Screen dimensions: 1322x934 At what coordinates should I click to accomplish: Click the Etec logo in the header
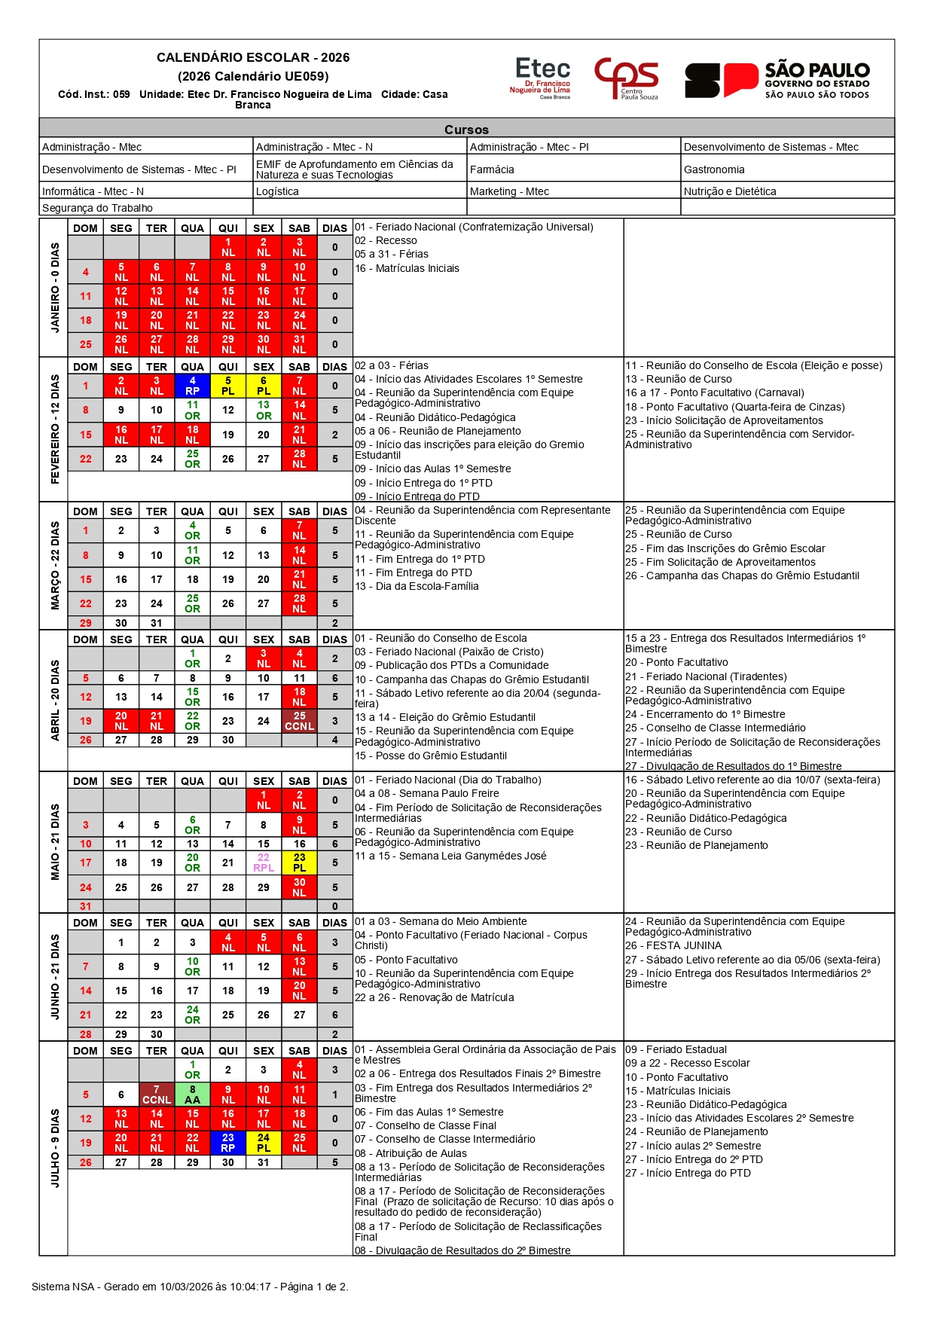click(x=541, y=78)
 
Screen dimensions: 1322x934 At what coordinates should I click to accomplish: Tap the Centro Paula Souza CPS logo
click(x=626, y=78)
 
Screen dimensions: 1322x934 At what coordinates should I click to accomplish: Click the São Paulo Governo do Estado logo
click(x=777, y=80)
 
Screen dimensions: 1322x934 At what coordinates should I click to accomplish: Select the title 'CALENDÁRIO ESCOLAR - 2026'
click(x=253, y=57)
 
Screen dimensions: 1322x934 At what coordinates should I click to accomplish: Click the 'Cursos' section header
click(x=466, y=130)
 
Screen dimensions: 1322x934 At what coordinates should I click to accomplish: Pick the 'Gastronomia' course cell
click(x=714, y=169)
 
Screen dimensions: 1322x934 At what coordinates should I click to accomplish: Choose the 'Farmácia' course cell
click(x=492, y=169)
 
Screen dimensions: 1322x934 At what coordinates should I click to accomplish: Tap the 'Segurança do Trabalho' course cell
click(x=97, y=208)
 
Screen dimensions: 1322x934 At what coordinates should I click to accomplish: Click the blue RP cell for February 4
click(x=193, y=386)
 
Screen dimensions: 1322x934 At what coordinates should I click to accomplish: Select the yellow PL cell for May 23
click(x=299, y=863)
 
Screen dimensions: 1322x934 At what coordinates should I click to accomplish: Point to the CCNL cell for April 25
click(x=299, y=721)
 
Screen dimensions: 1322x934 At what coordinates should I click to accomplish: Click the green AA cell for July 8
click(x=193, y=1095)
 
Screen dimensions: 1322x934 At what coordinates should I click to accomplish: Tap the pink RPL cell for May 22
click(x=264, y=863)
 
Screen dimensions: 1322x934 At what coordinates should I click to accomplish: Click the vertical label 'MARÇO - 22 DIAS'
click(x=54, y=565)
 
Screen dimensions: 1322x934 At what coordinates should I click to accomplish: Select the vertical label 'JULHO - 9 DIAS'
click(x=54, y=1147)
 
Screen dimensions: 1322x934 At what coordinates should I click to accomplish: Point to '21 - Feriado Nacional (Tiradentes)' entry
click(x=706, y=676)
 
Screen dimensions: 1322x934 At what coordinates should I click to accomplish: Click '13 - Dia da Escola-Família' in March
click(x=417, y=586)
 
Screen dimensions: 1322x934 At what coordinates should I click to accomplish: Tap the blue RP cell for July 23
click(x=228, y=1143)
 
